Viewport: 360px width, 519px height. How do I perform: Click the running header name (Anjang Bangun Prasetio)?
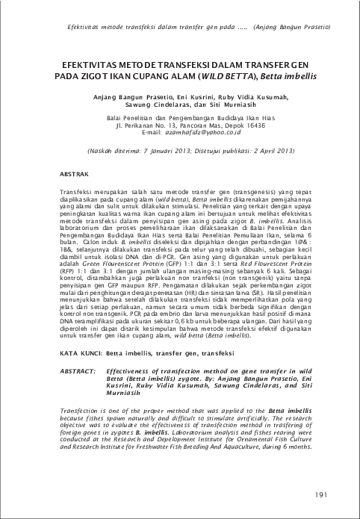coord(297,27)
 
